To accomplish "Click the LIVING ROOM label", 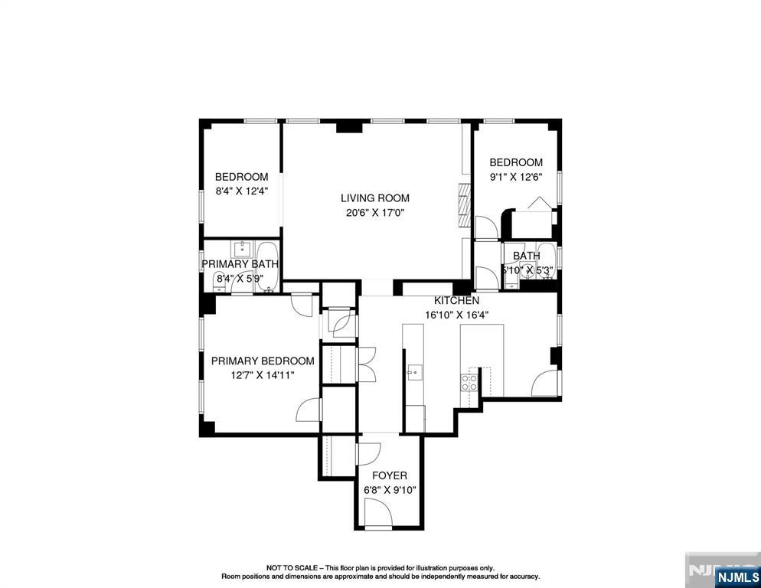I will (375, 198).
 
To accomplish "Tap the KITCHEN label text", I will (456, 301).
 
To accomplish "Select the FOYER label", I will (390, 475).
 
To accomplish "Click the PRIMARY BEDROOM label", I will (263, 361).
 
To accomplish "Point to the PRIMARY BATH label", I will (240, 264).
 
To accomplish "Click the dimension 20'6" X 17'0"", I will (375, 213).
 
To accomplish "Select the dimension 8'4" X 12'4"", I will (241, 191).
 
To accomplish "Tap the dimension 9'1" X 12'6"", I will (516, 177).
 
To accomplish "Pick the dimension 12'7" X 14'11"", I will (263, 375).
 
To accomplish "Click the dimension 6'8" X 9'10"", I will (390, 490).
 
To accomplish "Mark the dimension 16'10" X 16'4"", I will (456, 314).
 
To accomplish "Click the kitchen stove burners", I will (469, 381).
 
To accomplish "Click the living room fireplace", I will (462, 205).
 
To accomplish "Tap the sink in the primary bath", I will (243, 248).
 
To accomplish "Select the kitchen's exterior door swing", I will (545, 384).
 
